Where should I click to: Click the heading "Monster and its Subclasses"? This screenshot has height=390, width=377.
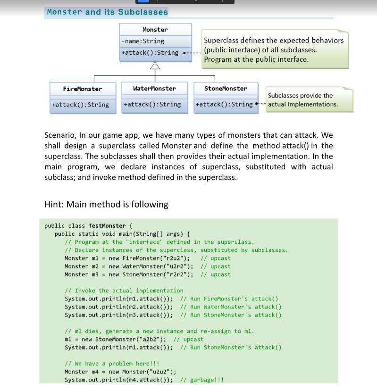107,12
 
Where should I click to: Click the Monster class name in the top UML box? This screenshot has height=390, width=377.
155,30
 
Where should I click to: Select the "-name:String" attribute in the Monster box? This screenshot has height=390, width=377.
143,41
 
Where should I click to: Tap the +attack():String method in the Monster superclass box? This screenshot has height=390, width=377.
150,53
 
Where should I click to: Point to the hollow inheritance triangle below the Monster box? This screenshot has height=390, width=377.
155,66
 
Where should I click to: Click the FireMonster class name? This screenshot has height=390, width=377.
82,89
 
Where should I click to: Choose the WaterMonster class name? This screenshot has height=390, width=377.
154,89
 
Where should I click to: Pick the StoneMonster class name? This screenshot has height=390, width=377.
226,89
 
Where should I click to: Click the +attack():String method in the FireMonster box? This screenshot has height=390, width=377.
80,105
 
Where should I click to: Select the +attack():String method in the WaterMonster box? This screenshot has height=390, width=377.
152,104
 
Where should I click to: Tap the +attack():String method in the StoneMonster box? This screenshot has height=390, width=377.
224,104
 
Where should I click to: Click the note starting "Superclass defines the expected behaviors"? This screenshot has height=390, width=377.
274,50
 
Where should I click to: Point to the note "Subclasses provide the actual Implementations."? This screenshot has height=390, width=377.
303,100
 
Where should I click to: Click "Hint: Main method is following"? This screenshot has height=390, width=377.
106,204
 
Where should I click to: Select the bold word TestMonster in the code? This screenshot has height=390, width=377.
107,226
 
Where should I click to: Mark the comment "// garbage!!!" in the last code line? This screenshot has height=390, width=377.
202,380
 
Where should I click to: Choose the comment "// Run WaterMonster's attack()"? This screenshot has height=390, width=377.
231,307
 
